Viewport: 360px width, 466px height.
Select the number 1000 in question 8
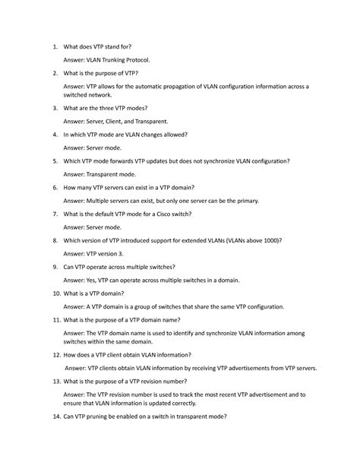[x=271, y=240]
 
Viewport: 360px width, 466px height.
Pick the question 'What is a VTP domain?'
[x=102, y=293]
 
